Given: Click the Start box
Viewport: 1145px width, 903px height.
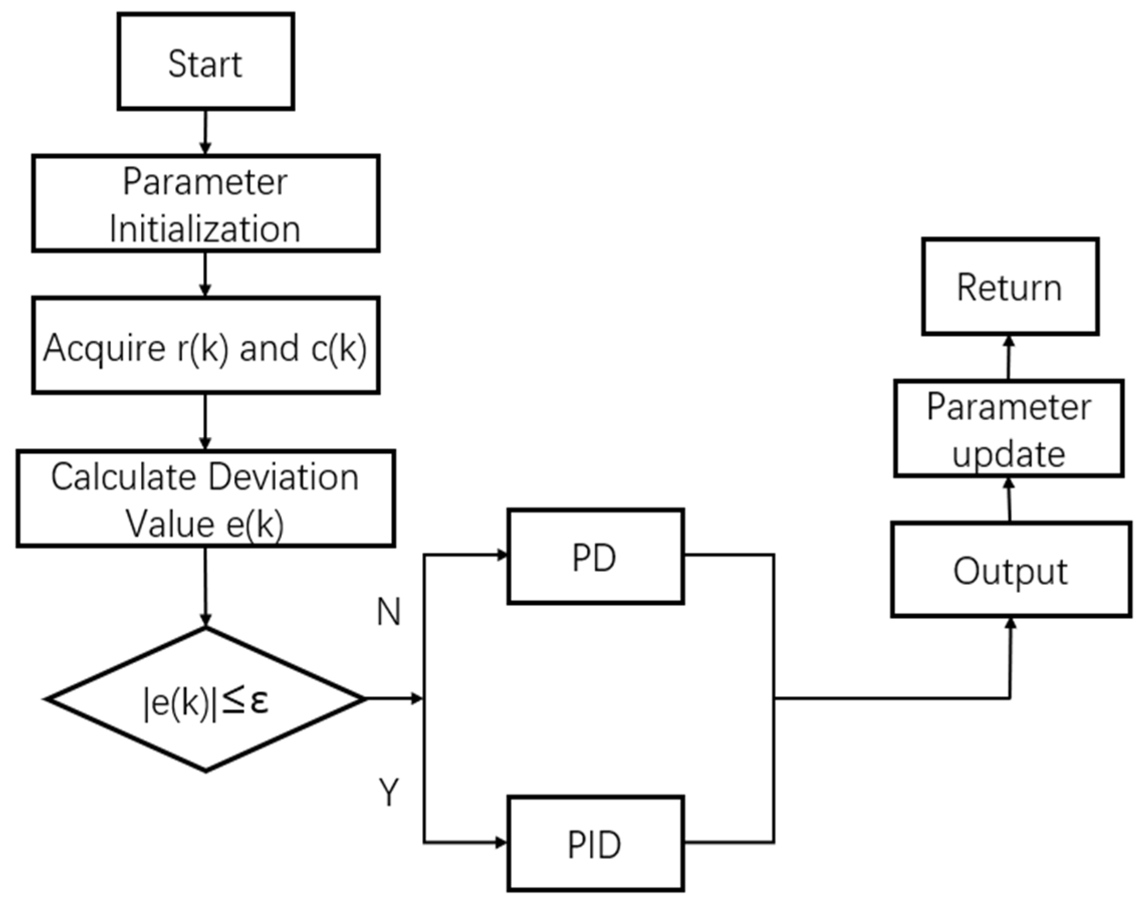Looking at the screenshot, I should (206, 62).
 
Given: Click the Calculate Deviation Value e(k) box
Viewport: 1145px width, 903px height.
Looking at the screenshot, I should (206, 498).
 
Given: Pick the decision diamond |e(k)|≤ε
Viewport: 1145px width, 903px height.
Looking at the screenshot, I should (206, 699).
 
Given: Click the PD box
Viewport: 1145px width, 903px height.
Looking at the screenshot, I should (595, 557).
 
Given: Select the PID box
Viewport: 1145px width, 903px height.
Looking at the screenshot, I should (595, 844).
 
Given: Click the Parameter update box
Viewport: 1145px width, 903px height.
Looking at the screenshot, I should (1008, 429).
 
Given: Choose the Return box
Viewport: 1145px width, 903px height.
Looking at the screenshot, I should (1009, 287).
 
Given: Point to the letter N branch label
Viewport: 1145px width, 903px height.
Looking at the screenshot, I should (389, 612).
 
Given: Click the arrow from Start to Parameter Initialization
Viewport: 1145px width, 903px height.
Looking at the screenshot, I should (205, 132).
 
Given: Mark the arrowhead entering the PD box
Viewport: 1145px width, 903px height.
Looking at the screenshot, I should (501, 555).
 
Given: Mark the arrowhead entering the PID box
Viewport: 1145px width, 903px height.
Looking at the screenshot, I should (501, 843).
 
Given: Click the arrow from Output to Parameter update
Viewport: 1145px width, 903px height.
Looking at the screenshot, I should (1008, 499).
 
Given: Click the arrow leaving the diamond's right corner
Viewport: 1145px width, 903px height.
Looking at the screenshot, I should (394, 699).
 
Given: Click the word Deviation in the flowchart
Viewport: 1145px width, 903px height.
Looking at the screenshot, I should (283, 477).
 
